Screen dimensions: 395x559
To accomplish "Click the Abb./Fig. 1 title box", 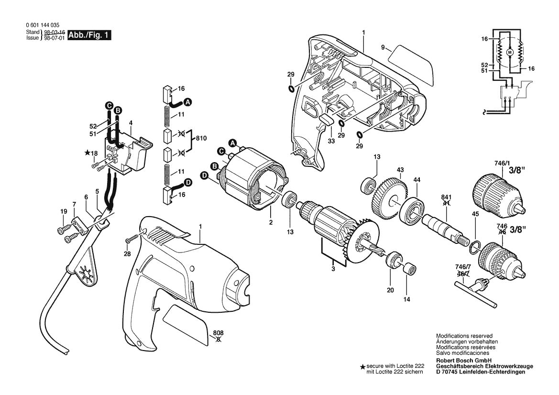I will tap(90, 35).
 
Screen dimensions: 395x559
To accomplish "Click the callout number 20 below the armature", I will tap(391, 290).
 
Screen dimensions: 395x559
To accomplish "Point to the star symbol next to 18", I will tap(87, 153).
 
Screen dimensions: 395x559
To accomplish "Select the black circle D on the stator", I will tap(204, 176).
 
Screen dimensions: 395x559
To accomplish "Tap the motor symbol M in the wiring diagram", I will tap(509, 52).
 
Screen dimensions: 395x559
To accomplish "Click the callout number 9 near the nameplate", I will tap(383, 47).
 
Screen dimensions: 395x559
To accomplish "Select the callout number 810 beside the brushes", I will tap(201, 138).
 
